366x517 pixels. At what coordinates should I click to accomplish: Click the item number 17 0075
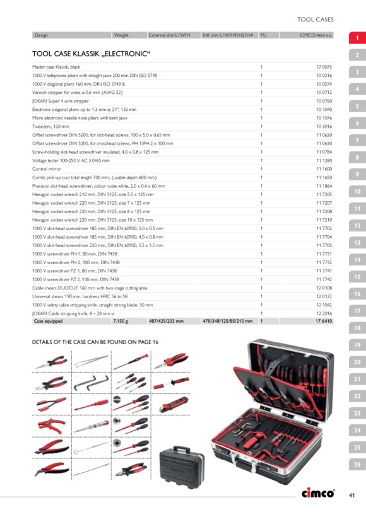pyautogui.click(x=324, y=67)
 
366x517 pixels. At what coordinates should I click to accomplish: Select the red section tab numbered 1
pyautogui.click(x=357, y=38)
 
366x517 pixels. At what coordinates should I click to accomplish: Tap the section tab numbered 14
pyautogui.click(x=357, y=260)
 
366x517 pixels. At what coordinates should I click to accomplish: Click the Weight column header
pyautogui.click(x=121, y=35)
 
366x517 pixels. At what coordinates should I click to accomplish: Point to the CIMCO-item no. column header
pyautogui.click(x=316, y=35)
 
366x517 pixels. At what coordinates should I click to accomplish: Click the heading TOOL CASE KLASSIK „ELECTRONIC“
pyautogui.click(x=91, y=54)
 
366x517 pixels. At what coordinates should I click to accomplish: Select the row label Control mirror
pyautogui.click(x=47, y=169)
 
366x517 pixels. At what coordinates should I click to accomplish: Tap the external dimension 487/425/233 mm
pyautogui.click(x=166, y=321)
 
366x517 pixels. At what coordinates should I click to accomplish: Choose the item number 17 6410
pyautogui.click(x=324, y=321)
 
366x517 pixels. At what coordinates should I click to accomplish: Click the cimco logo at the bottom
pyautogui.click(x=318, y=493)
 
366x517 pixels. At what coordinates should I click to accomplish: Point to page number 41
pyautogui.click(x=352, y=495)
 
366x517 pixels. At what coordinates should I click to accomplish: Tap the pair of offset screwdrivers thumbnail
pyautogui.click(x=91, y=383)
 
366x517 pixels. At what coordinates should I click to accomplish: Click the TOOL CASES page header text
pyautogui.click(x=315, y=20)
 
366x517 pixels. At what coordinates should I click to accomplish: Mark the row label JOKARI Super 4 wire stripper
pyautogui.click(x=61, y=102)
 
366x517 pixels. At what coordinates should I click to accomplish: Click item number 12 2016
pyautogui.click(x=324, y=313)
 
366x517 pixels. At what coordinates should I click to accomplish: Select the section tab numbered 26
pyautogui.click(x=357, y=464)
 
